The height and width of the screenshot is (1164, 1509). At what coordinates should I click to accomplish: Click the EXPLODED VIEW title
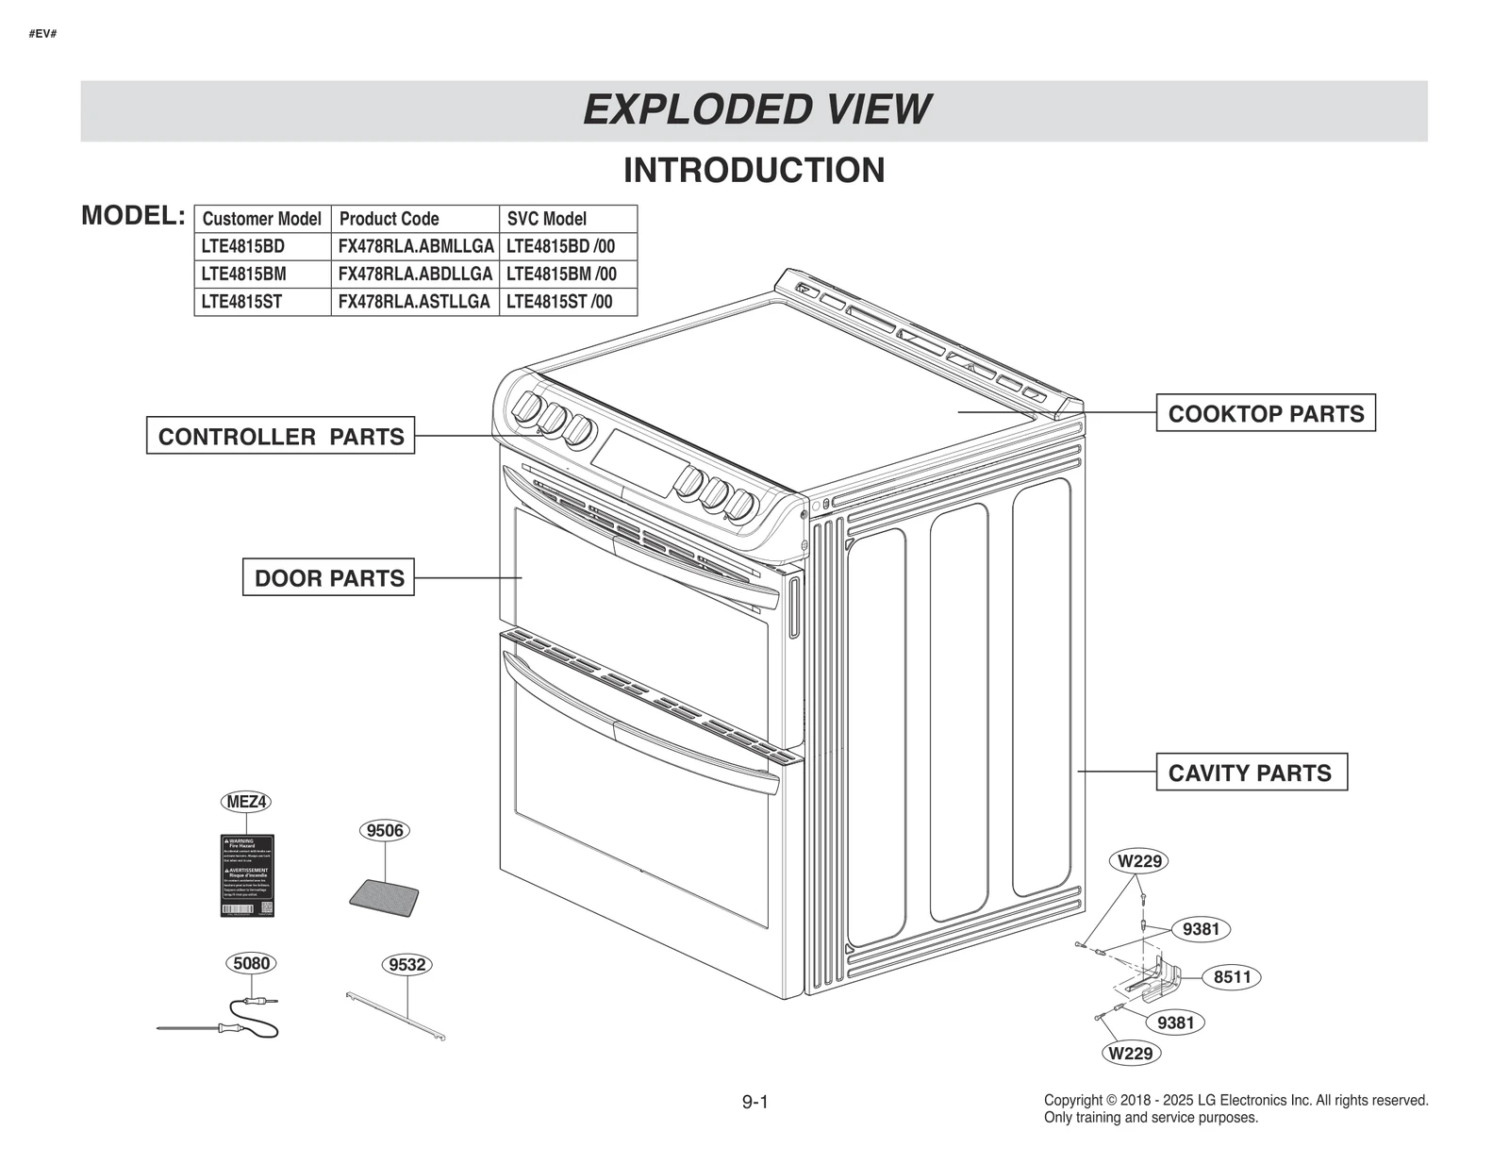(x=755, y=110)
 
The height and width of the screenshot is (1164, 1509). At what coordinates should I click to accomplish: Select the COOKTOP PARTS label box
(x=1265, y=413)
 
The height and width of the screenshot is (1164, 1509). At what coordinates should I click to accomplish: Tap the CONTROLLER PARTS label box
(x=280, y=436)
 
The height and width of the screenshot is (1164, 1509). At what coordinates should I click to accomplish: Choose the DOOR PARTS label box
(x=328, y=577)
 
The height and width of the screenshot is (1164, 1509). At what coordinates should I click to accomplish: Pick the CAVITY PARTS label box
(x=1251, y=773)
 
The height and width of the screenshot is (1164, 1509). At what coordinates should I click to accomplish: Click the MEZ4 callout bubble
(x=246, y=802)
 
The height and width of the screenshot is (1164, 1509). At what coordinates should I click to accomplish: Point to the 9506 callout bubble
(x=385, y=830)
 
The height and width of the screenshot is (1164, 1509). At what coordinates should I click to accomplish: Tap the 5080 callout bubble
(x=251, y=963)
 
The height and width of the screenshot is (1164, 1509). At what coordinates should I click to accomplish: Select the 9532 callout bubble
(x=407, y=965)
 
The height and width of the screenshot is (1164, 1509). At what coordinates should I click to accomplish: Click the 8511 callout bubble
(x=1232, y=977)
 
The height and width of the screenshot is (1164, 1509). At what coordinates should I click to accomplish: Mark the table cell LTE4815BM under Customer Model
(x=243, y=274)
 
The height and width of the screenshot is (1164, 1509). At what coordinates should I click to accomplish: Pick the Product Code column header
(x=389, y=219)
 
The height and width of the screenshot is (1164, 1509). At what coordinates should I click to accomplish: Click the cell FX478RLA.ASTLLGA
(x=414, y=302)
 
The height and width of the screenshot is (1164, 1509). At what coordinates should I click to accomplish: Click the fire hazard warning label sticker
(x=246, y=875)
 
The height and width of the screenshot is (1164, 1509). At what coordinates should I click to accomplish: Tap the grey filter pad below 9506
(x=385, y=897)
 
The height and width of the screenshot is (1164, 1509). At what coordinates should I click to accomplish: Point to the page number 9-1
(x=754, y=1102)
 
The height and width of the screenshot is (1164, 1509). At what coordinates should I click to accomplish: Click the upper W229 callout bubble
(x=1139, y=861)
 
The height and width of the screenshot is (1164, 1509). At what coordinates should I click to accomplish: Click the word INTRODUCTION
(x=754, y=171)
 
